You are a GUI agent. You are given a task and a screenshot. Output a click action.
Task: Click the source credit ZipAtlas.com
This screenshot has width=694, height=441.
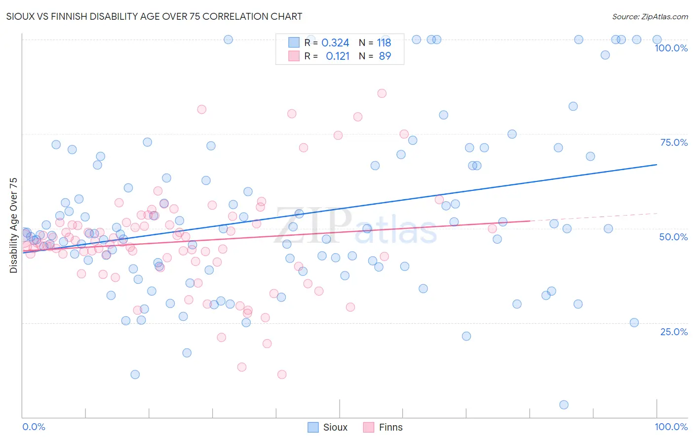[650, 16]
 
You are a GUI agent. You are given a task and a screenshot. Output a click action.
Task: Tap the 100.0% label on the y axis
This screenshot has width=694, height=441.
[671, 48]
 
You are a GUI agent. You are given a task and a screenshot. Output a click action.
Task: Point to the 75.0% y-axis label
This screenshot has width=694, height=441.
[674, 142]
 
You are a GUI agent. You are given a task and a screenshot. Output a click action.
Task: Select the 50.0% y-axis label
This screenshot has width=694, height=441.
[673, 237]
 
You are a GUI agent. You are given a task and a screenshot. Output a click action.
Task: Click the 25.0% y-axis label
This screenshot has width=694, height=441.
[674, 332]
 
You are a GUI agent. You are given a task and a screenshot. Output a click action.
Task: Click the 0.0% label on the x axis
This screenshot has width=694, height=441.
[34, 427]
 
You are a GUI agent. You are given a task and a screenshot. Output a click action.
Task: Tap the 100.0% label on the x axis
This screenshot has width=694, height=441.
[671, 427]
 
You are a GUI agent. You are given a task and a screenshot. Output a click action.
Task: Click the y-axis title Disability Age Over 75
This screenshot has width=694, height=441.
[14, 225]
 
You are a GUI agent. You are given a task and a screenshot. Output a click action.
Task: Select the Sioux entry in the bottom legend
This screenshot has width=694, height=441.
[328, 427]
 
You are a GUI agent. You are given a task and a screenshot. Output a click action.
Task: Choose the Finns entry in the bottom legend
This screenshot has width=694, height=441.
[383, 427]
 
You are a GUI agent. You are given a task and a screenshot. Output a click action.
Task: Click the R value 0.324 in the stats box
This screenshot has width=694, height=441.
[335, 43]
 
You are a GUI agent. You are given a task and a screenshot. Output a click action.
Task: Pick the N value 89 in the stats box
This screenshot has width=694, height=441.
[385, 56]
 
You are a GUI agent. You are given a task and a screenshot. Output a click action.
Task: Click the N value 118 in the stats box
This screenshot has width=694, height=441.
[384, 43]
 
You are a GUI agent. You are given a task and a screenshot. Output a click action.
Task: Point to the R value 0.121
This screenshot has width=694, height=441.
[338, 56]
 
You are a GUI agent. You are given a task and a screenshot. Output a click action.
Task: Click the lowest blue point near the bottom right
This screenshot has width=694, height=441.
[564, 405]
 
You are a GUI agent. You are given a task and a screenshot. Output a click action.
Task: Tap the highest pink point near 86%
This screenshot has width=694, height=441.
[382, 93]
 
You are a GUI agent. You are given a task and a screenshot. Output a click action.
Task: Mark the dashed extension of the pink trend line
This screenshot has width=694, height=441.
[592, 217]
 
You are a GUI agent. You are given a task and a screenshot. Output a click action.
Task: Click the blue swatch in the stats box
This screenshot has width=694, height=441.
[294, 43]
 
